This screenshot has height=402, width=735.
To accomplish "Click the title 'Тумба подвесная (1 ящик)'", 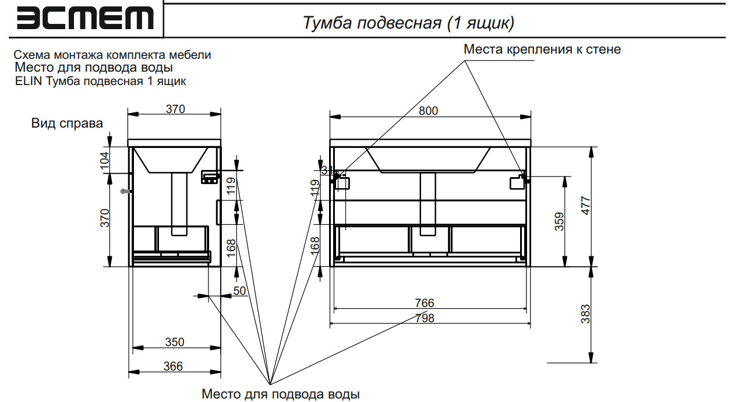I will pos(408,23).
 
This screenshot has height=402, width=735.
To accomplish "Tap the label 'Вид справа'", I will pos(67,124).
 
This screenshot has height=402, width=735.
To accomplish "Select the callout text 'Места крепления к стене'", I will pos(542,50).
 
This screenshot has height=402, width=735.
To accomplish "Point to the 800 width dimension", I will pos(429,111).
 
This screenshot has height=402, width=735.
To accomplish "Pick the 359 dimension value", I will pos(559,221).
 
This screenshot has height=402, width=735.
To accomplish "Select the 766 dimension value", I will pos(425,303).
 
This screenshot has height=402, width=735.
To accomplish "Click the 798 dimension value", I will pos(425,318).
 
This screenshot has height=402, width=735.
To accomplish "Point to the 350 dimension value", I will pos(174,343).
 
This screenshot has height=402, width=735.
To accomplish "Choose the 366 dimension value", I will pos(173,366).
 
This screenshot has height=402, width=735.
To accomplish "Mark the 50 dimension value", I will pos(239,290).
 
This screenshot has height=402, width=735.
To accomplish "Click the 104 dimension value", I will pos(105,160).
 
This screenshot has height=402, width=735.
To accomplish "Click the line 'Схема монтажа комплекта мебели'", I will pos(112,55).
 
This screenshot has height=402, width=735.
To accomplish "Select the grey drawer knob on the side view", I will pos(124,192).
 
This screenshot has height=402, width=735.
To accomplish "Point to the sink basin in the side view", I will pos(171,160).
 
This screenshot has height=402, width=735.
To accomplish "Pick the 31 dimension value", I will pos(326,170).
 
